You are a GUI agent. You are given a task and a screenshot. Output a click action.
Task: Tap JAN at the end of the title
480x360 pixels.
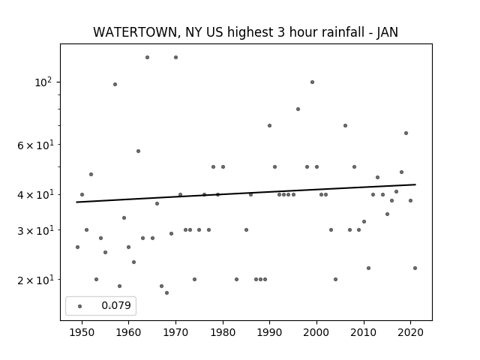[x=387, y=32]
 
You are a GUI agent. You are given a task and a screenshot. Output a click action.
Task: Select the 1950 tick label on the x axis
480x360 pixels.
[x=82, y=332]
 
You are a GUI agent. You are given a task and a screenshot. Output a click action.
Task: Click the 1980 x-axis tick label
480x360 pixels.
[x=223, y=332]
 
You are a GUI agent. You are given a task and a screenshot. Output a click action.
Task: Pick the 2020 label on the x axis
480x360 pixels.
[x=410, y=332]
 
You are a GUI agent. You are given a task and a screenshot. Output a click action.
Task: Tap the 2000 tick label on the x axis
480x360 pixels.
[x=316, y=332]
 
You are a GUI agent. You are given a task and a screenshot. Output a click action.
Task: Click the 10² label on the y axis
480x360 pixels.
[x=43, y=82]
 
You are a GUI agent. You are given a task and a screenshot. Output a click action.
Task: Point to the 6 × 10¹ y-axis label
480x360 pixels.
[x=35, y=145]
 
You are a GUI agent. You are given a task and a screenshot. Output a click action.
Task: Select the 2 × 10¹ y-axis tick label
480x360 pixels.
[x=35, y=280]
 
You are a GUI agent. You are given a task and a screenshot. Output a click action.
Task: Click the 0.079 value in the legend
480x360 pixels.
[x=116, y=305]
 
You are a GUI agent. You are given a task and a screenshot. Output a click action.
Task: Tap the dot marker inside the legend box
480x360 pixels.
[x=79, y=306]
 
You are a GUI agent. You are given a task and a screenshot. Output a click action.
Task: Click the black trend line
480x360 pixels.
[x=246, y=193]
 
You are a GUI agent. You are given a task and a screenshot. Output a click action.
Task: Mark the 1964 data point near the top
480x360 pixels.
[x=147, y=57]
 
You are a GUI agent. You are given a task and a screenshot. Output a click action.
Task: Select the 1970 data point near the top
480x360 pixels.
[x=175, y=57]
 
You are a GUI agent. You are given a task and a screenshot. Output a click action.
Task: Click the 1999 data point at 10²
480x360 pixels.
[x=312, y=82]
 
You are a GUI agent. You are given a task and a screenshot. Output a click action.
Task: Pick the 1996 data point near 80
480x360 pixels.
[x=298, y=109]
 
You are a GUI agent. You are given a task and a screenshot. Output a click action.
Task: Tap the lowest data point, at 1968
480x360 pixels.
[x=166, y=292]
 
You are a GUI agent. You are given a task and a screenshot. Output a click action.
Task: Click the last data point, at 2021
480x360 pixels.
[x=415, y=268]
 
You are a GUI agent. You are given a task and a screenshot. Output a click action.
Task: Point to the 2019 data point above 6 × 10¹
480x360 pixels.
[x=406, y=133]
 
